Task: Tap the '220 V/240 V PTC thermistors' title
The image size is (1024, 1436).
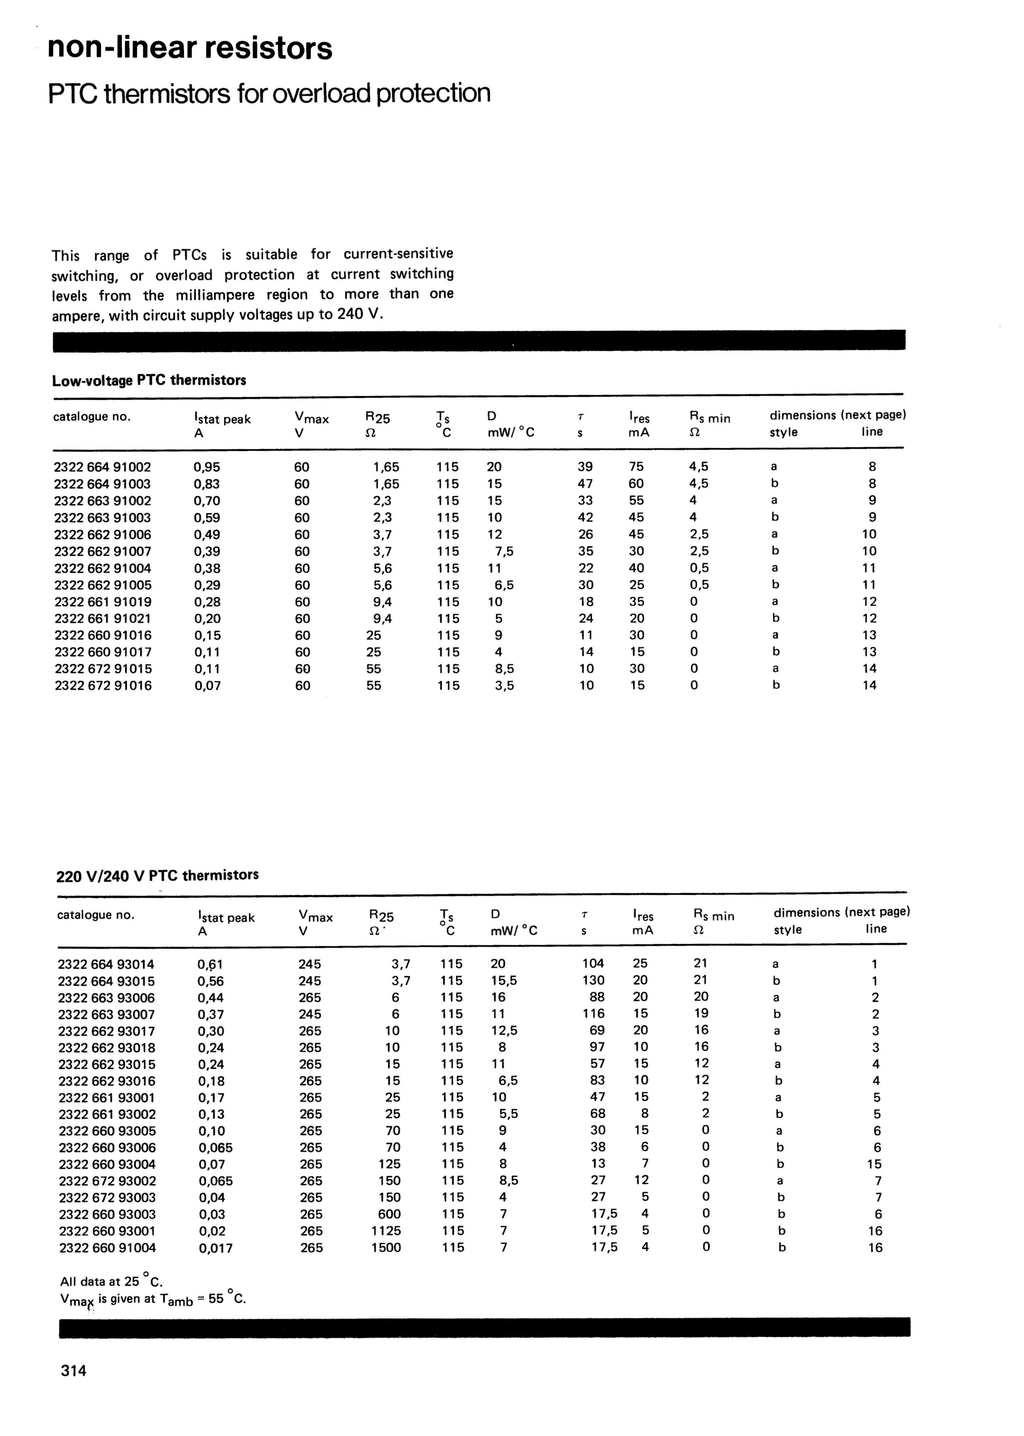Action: coord(158,875)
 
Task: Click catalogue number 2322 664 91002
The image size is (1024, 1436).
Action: coord(103,467)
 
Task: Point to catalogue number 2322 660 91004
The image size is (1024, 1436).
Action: coord(107,1247)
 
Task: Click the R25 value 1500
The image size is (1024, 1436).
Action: coord(386,1247)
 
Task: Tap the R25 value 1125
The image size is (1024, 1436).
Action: coord(386,1230)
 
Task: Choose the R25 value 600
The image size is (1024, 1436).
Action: coord(389,1214)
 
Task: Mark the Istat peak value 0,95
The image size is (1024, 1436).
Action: coord(207,467)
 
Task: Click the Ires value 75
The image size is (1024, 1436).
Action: coord(636,467)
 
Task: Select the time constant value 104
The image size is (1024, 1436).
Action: coord(593,964)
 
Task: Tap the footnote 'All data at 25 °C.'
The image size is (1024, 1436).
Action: coord(112,1281)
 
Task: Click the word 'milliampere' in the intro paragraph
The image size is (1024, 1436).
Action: coord(215,295)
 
